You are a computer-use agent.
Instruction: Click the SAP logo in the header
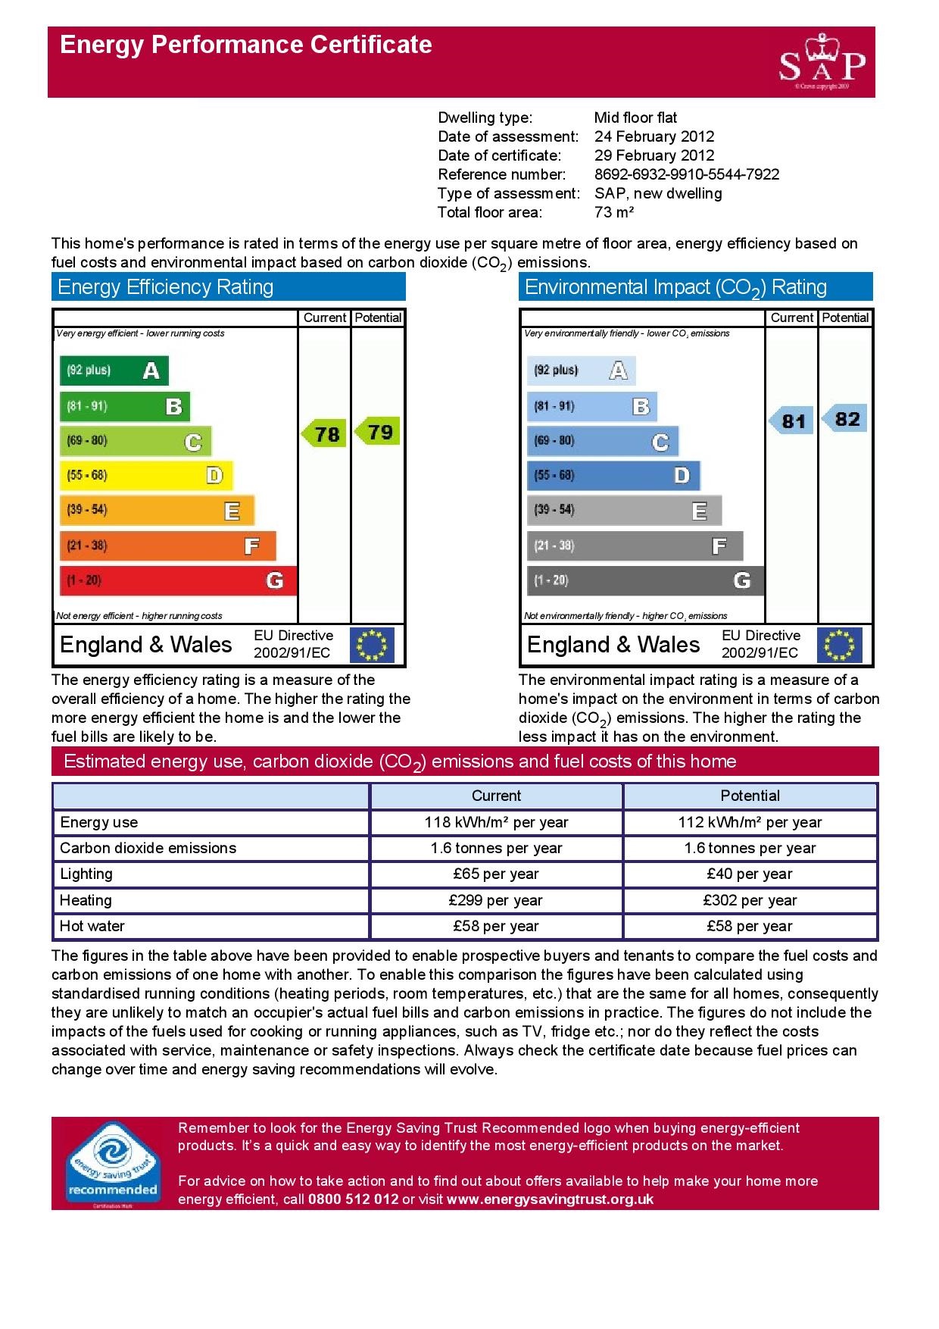[x=822, y=63]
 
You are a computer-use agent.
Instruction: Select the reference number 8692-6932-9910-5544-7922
[x=686, y=174]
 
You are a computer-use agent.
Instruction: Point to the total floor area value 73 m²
[x=613, y=212]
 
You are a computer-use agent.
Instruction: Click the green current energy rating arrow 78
[x=325, y=433]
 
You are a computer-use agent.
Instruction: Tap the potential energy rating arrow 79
[x=378, y=432]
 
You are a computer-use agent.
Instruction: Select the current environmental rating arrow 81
[x=791, y=421]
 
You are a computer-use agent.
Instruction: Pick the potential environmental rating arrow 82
[x=845, y=419]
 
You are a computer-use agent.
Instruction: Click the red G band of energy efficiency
[x=177, y=580]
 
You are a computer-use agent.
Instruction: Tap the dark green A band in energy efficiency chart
[x=114, y=371]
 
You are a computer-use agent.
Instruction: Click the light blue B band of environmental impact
[x=591, y=406]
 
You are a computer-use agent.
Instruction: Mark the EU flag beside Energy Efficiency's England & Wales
[x=372, y=645]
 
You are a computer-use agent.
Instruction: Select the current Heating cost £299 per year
[x=496, y=900]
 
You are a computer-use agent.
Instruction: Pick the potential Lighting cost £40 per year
[x=750, y=874]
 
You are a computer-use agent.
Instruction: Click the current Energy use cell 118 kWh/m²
[x=496, y=822]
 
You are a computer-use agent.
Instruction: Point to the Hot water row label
[x=92, y=926]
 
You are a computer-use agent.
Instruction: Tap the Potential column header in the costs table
[x=750, y=796]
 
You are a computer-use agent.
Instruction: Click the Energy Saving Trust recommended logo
[x=113, y=1163]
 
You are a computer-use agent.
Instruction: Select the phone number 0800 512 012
[x=353, y=1199]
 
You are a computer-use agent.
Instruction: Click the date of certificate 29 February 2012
[x=654, y=155]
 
